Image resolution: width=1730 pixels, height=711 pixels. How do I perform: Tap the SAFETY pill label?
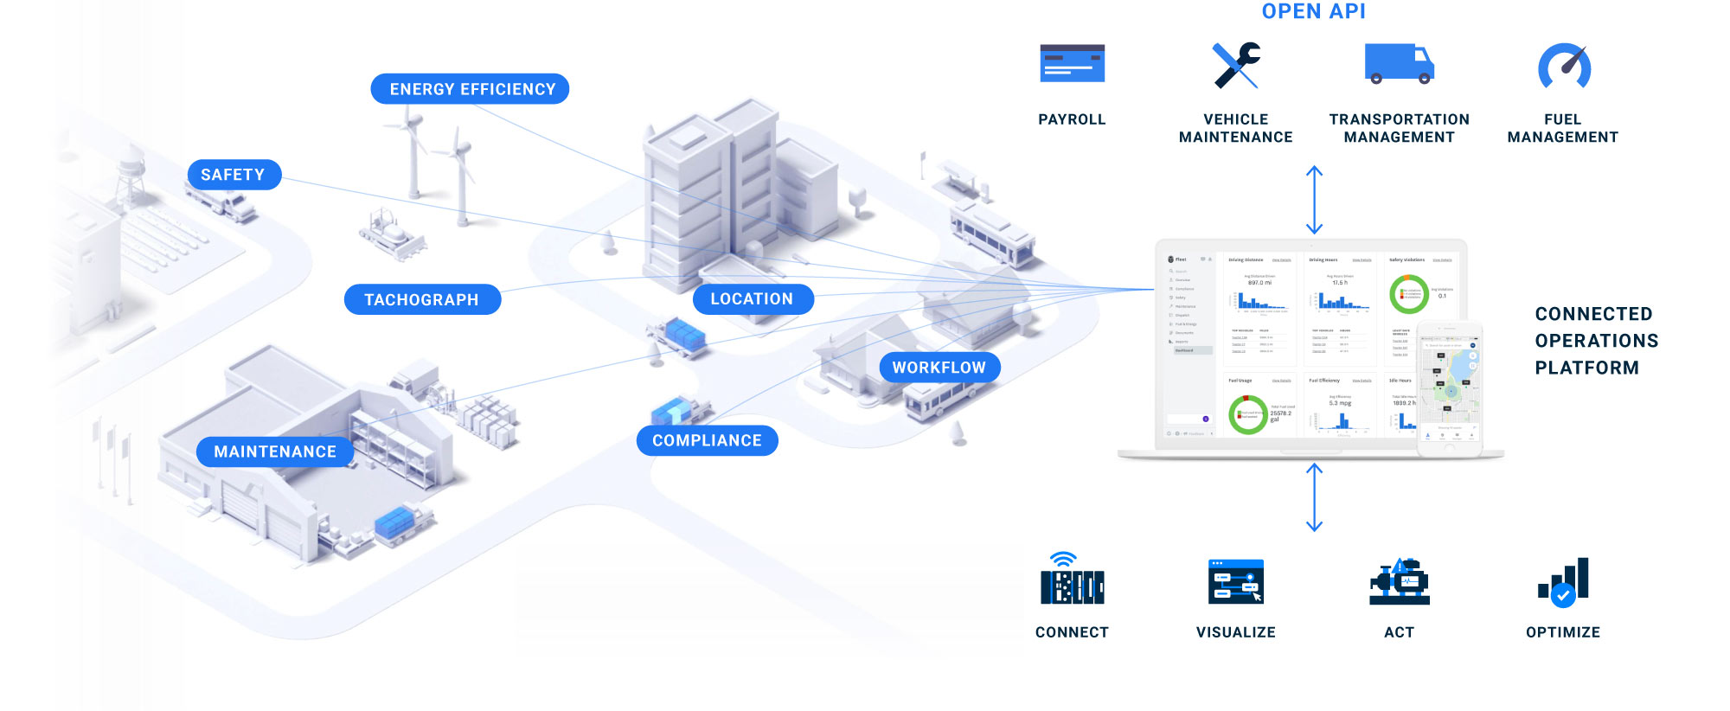click(234, 175)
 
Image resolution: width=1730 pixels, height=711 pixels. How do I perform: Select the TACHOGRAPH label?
click(422, 299)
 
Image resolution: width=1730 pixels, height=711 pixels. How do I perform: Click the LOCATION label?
click(753, 299)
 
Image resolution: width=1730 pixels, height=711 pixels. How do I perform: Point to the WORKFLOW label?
click(939, 368)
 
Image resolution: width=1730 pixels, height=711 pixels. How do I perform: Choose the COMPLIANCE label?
click(707, 440)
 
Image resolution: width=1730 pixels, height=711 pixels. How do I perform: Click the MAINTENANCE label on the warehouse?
click(275, 452)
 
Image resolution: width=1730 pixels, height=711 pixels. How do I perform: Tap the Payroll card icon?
click(1072, 64)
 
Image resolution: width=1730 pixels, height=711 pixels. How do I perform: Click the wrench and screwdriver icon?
click(1236, 65)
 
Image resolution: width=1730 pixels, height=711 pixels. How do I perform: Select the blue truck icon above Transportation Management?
click(1399, 63)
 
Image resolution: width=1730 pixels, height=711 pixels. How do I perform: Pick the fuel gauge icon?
click(1564, 67)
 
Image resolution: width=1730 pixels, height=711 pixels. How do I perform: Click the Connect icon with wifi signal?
click(1072, 580)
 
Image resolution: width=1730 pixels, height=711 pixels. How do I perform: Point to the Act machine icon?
click(1400, 582)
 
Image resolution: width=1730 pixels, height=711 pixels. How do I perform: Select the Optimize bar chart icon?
click(1563, 582)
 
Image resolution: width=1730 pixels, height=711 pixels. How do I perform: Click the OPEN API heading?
click(1313, 11)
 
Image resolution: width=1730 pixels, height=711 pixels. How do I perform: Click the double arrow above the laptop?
click(1314, 200)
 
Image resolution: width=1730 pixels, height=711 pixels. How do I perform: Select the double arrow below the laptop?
click(1314, 497)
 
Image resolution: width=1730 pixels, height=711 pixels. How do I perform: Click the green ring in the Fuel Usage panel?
click(1247, 414)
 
